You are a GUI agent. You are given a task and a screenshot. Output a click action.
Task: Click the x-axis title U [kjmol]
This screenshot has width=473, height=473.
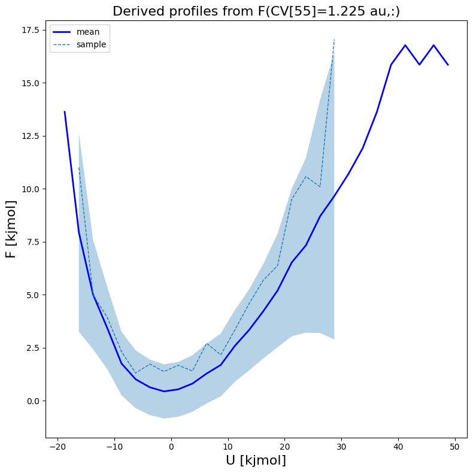pyautogui.click(x=256, y=460)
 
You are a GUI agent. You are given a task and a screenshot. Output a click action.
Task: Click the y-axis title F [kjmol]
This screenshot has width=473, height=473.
pyautogui.click(x=11, y=229)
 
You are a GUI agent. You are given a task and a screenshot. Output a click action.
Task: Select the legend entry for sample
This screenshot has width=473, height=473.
pyautogui.click(x=90, y=44)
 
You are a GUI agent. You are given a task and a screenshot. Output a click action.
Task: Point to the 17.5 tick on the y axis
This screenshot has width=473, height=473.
pyautogui.click(x=29, y=30)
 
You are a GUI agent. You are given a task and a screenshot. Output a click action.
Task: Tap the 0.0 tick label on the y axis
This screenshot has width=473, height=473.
pyautogui.click(x=31, y=401)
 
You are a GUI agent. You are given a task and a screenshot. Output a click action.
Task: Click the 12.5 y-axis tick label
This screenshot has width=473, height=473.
pyautogui.click(x=29, y=136)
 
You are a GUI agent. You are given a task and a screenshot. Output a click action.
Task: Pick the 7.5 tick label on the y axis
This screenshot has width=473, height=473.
pyautogui.click(x=31, y=242)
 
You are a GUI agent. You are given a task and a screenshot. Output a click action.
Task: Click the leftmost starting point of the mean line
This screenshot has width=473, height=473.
pyautogui.click(x=65, y=112)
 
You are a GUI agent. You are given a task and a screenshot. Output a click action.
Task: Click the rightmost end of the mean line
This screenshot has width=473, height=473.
pyautogui.click(x=448, y=65)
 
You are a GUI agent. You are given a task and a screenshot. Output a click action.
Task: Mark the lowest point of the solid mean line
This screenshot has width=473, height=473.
pyautogui.click(x=164, y=392)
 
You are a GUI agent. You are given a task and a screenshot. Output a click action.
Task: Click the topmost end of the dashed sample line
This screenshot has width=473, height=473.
pyautogui.click(x=334, y=40)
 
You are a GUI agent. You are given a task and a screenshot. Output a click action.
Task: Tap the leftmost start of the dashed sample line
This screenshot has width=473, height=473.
pyautogui.click(x=79, y=168)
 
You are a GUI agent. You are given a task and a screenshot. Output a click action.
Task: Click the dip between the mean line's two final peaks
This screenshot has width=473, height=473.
pyautogui.click(x=420, y=65)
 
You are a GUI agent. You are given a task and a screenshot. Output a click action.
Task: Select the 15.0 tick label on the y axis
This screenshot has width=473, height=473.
pyautogui.click(x=29, y=83)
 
